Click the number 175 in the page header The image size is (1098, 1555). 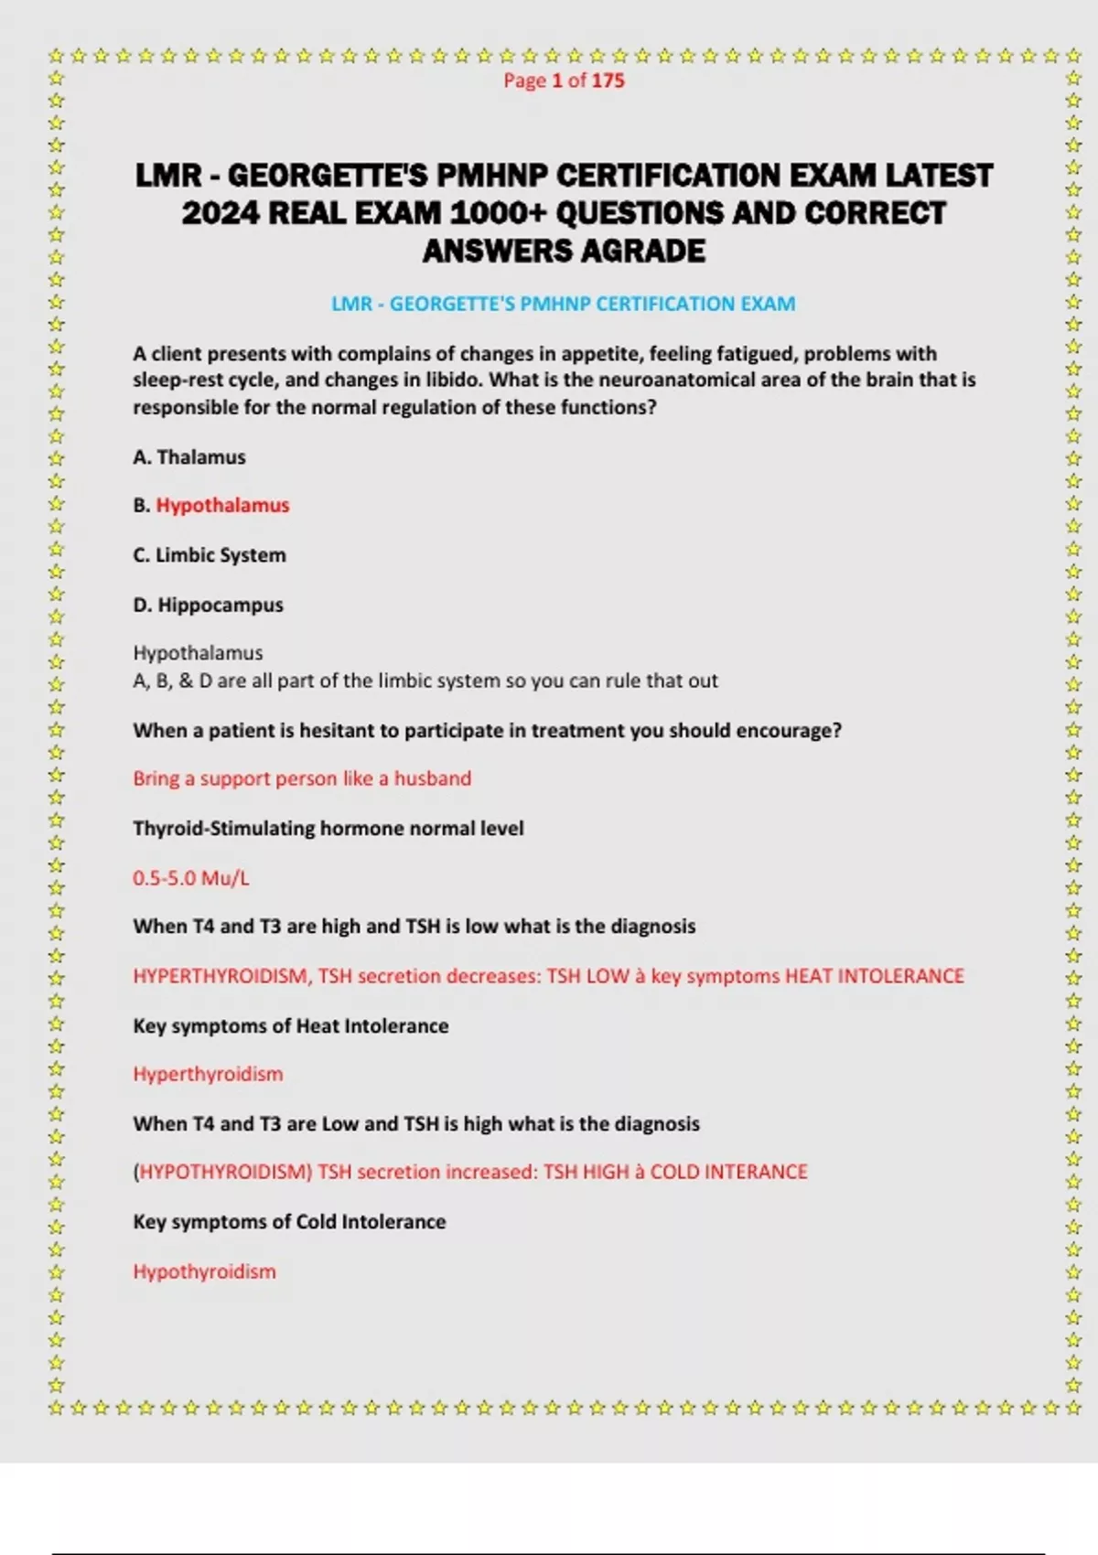(608, 80)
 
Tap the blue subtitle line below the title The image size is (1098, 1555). (563, 304)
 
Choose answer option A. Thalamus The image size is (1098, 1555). (189, 457)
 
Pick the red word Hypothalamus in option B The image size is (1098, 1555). (222, 506)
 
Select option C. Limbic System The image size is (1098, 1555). (210, 555)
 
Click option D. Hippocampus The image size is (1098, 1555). (208, 605)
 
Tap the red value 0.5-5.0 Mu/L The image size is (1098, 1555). (190, 878)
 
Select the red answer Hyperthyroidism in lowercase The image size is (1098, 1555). (208, 1074)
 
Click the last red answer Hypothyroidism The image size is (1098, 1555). (204, 1271)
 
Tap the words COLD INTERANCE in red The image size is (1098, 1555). (728, 1172)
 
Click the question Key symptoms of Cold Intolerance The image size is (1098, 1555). (289, 1222)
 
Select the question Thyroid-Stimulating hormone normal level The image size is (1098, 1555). (328, 829)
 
